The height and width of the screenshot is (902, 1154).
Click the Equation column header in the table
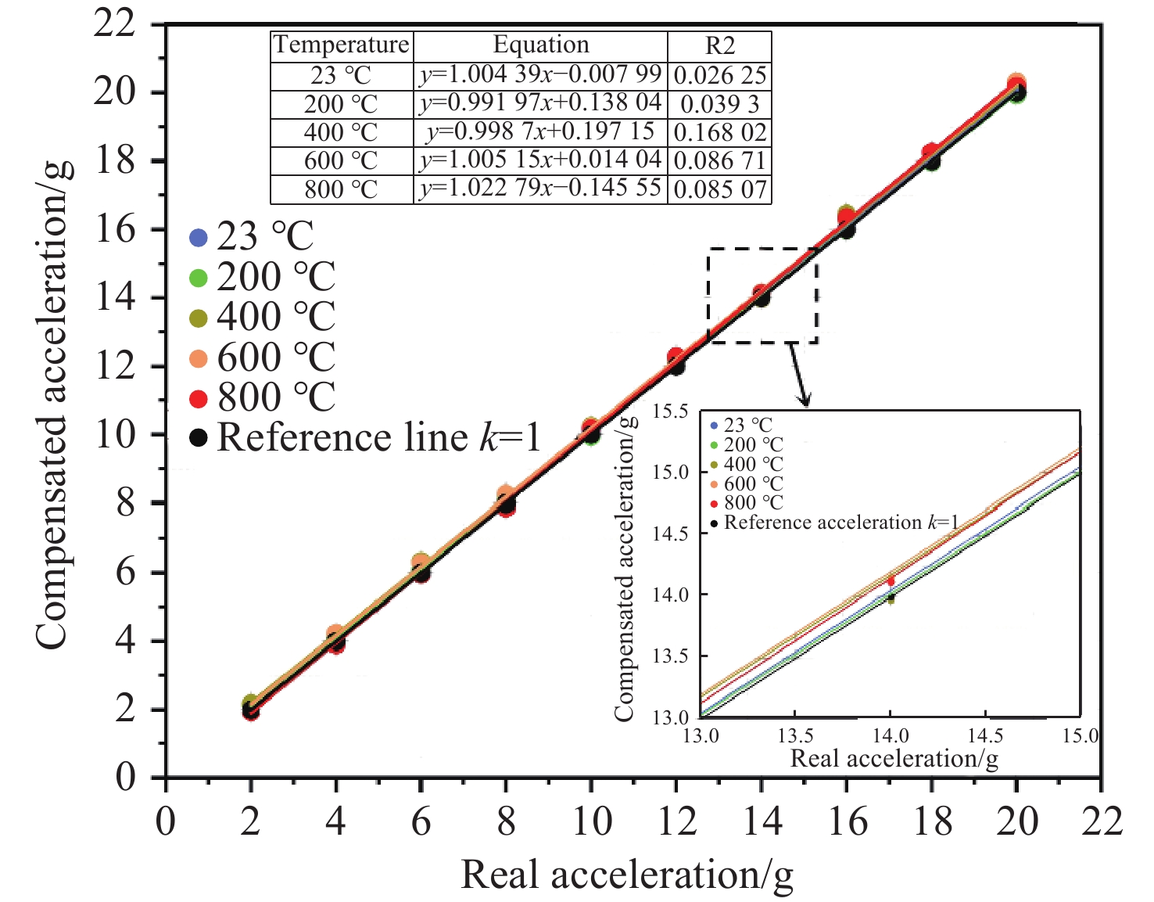(540, 45)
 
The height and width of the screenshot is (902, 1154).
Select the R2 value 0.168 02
(719, 132)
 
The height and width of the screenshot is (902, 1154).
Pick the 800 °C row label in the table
(341, 189)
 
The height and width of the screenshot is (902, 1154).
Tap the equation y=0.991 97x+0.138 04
(540, 103)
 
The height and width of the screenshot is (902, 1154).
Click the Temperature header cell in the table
(342, 45)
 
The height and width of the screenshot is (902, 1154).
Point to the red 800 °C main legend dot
(199, 398)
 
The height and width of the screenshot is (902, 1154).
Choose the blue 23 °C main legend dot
(199, 236)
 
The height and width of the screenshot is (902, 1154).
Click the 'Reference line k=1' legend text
(379, 437)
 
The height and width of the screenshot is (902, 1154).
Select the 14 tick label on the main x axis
(762, 821)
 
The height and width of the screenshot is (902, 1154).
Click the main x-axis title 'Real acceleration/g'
(627, 875)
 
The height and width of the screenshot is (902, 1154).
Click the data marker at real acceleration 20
(1016, 88)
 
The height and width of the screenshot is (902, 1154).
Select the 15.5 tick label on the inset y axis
(670, 411)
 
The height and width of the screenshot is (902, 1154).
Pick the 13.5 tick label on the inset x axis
(795, 736)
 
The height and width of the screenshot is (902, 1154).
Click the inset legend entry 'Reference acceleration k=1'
(840, 523)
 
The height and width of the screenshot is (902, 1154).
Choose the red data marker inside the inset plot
(891, 580)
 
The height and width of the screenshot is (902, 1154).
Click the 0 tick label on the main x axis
(166, 821)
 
